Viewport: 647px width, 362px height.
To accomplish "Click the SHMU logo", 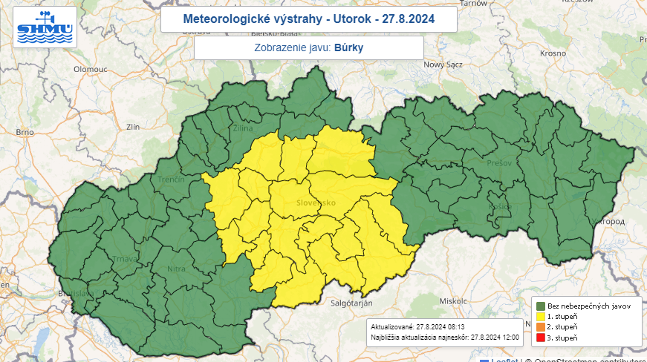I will click(x=45, y=28).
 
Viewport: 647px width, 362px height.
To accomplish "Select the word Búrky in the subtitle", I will click(x=348, y=48).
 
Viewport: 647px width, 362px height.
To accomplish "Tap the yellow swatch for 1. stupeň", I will click(x=540, y=316).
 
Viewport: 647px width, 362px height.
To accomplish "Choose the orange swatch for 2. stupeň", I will click(x=540, y=326).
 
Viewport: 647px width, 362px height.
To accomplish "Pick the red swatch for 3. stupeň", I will click(x=540, y=338).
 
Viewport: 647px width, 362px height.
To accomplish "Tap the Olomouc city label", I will click(x=91, y=68).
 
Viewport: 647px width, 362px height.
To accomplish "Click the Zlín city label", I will click(x=134, y=127).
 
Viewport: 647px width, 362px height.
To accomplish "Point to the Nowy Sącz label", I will click(x=443, y=65).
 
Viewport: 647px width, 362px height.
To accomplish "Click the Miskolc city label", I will click(x=452, y=301).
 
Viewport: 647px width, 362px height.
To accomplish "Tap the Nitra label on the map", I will click(x=177, y=269).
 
